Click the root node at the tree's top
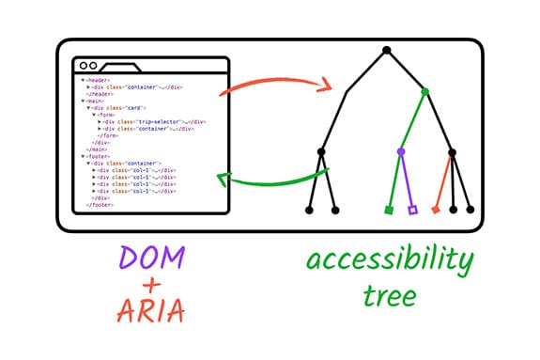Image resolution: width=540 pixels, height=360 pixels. pyautogui.click(x=386, y=49)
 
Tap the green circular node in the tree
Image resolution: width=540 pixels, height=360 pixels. pyautogui.click(x=425, y=91)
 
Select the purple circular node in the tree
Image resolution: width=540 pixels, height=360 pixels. pyautogui.click(x=401, y=150)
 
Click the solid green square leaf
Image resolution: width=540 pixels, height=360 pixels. pyautogui.click(x=389, y=210)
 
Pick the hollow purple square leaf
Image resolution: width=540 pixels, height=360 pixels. pyautogui.click(x=412, y=210)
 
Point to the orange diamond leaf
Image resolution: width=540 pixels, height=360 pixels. pyautogui.click(x=436, y=209)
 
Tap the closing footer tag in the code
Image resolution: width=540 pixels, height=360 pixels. pyautogui.click(x=99, y=205)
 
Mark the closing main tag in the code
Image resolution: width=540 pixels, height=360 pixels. pyautogui.click(x=95, y=149)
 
